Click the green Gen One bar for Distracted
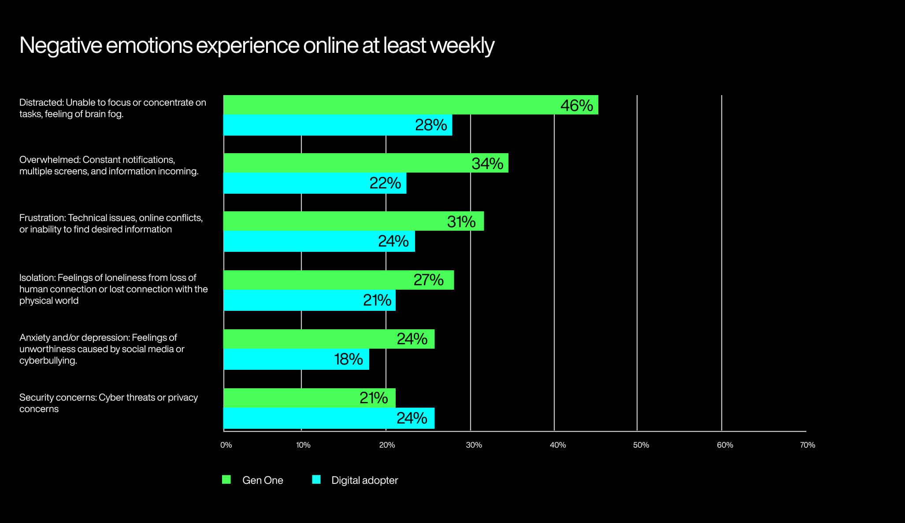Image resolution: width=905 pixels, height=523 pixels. click(388, 105)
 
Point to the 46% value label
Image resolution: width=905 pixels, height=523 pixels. click(576, 106)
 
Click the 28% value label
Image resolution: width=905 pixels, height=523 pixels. click(431, 125)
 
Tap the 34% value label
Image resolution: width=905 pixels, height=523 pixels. click(487, 164)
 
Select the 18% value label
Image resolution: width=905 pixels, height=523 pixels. click(349, 360)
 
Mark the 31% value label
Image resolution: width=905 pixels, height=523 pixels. click(461, 222)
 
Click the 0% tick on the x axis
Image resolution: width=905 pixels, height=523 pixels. click(226, 445)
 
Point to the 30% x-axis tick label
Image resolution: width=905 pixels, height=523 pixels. click(474, 445)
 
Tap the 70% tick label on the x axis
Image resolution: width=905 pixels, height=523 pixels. click(807, 445)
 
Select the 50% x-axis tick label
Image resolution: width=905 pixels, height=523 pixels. click(641, 445)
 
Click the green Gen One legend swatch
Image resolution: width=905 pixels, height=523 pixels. click(226, 480)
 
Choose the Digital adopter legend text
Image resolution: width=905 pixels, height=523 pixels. click(364, 480)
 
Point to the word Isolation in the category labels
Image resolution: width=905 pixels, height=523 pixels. click(37, 278)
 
